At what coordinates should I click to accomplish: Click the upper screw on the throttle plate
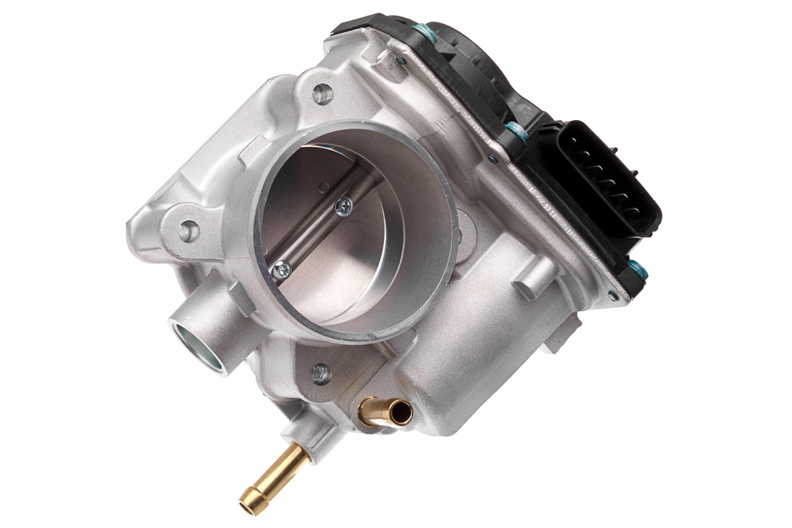pos(343,207)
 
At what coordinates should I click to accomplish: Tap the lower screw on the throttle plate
pos(282,269)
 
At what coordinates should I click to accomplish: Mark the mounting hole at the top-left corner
pos(322,94)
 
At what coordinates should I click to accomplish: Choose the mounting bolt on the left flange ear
pos(189,230)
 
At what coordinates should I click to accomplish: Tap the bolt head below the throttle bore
pos(321,373)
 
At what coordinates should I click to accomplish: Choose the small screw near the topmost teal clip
pos(401,60)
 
